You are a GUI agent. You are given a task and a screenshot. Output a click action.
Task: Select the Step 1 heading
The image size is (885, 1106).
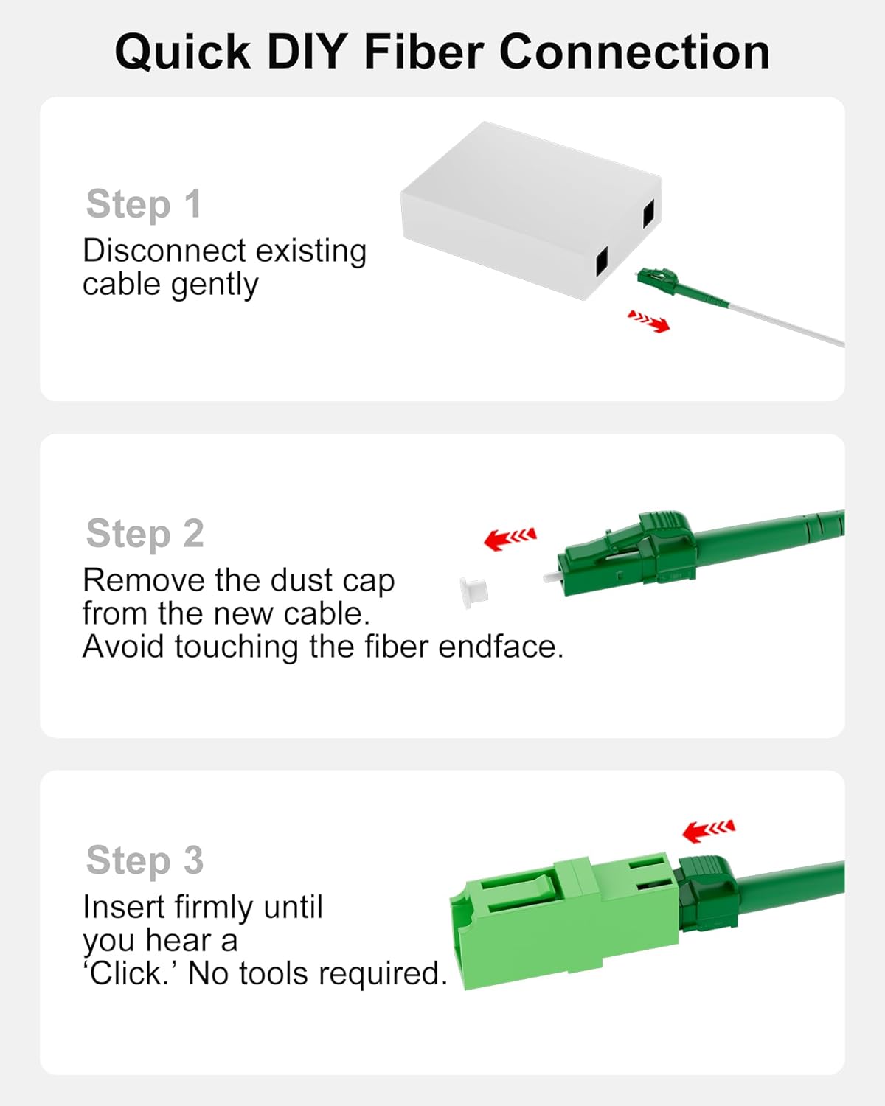click(144, 204)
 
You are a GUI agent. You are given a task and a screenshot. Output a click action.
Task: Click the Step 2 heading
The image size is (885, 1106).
click(145, 534)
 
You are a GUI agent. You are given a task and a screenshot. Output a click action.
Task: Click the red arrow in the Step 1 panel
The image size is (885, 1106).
click(648, 321)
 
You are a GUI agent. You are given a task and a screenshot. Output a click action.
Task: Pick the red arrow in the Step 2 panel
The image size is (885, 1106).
click(510, 538)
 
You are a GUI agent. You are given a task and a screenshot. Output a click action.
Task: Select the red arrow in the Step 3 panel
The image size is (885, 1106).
click(708, 831)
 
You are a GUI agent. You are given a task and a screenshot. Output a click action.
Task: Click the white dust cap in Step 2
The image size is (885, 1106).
click(473, 592)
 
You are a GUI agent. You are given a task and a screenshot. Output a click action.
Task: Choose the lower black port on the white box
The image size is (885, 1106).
click(602, 261)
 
